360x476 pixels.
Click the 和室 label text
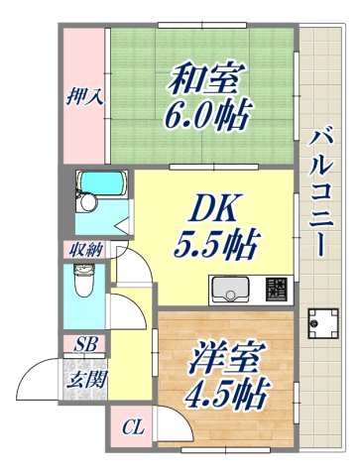pyautogui.click(x=207, y=76)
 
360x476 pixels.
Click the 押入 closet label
pyautogui.click(x=83, y=98)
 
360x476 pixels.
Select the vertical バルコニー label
pyautogui.click(x=320, y=194)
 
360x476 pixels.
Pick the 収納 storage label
pyautogui.click(x=83, y=249)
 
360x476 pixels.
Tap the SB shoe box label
pyautogui.click(x=85, y=345)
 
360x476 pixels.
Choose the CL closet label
pyautogui.click(x=131, y=428)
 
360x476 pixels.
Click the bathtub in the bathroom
pyautogui.click(x=100, y=183)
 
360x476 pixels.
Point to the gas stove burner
pyautogui.click(x=276, y=290)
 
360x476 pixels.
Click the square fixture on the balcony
pyautogui.click(x=321, y=322)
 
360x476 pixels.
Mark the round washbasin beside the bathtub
pyautogui.click(x=87, y=203)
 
